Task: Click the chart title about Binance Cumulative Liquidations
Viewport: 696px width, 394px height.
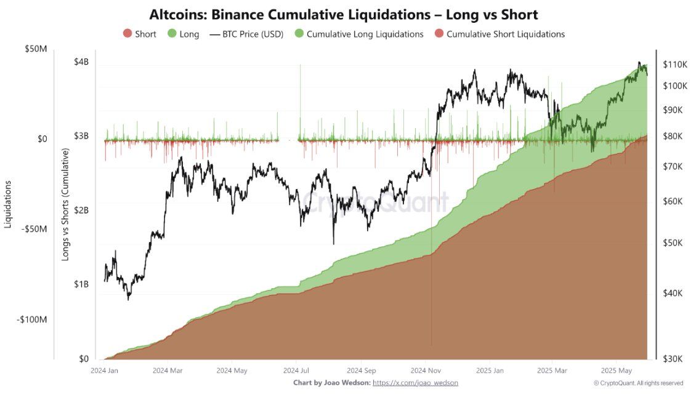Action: point(344,14)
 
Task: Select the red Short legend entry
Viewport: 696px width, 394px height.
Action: point(140,34)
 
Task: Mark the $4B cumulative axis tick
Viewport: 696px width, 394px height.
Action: point(81,62)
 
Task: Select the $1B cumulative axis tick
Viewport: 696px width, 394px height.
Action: point(81,284)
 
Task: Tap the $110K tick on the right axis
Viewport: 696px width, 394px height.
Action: point(674,64)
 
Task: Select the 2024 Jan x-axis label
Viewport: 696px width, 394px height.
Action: point(105,371)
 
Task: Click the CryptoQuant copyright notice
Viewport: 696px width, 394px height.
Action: point(638,383)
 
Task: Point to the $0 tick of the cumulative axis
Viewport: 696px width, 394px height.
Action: point(84,359)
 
